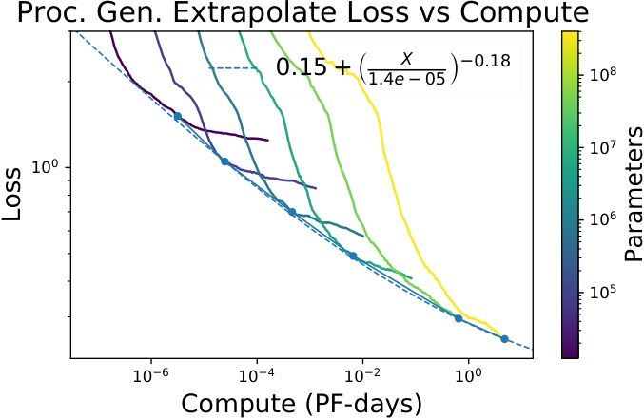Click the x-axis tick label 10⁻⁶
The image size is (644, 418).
click(152, 375)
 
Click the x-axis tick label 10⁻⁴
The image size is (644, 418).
click(257, 375)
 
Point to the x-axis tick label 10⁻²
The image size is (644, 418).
click(362, 375)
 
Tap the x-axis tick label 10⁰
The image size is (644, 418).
click(468, 375)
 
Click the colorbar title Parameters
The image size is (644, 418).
click(634, 194)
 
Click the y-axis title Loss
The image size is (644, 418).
click(11, 194)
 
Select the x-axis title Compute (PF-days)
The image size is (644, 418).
click(302, 403)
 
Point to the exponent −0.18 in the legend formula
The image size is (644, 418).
click(485, 61)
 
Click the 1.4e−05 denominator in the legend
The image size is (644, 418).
click(407, 78)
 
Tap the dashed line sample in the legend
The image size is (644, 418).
click(233, 68)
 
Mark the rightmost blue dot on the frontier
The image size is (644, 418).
click(504, 339)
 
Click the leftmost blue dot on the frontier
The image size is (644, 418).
click(178, 117)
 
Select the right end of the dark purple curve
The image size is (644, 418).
click(268, 141)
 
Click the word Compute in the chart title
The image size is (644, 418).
click(524, 13)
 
